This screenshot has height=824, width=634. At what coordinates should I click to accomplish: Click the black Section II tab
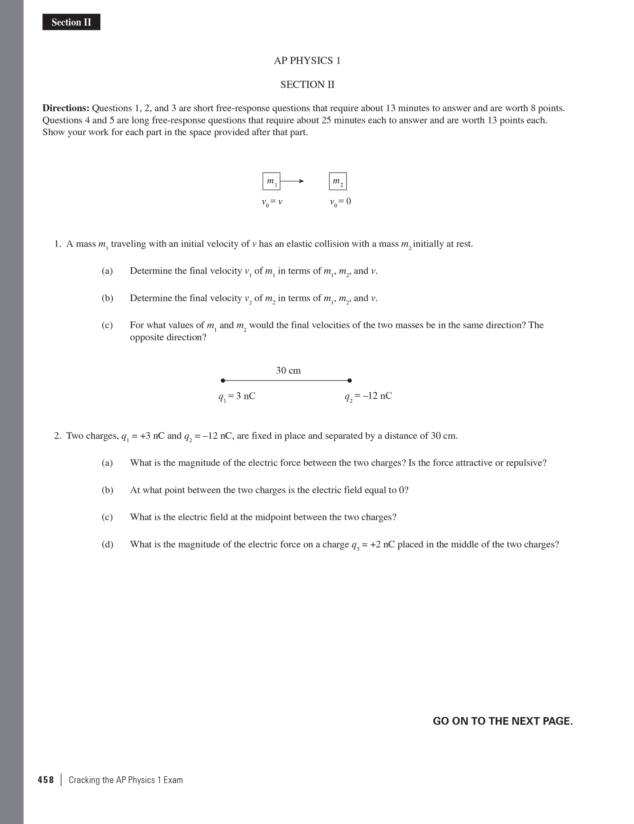pos(71,22)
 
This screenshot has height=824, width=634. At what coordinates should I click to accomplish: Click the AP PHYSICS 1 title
pos(307,61)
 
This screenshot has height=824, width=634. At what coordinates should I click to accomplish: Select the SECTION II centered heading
pos(307,85)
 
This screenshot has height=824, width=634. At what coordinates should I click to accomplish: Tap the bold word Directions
pos(66,108)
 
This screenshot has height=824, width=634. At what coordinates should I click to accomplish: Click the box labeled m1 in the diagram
pos(271,181)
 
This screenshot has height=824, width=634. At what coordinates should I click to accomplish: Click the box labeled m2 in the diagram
pos(338,181)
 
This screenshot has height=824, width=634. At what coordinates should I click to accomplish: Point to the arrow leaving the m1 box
pos(292,181)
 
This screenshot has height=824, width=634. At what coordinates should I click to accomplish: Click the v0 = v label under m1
pos(271,202)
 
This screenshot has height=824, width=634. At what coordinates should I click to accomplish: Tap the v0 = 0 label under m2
pos(340,202)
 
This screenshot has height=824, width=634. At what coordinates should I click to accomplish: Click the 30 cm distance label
pos(288,370)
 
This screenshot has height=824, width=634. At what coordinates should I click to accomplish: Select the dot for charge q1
pos(222,380)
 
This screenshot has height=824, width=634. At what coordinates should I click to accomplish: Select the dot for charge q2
pos(350,380)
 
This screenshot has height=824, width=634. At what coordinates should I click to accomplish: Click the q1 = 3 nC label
pos(237,396)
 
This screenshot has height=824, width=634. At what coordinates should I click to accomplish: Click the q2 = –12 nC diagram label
pos(368,396)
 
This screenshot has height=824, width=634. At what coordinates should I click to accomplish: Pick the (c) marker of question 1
pos(107,325)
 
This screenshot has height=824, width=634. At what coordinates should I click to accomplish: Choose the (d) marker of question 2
pos(107,544)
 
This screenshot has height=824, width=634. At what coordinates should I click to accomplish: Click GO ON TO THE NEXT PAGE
pos(503,721)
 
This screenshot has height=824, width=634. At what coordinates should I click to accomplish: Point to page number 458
pos(46,780)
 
